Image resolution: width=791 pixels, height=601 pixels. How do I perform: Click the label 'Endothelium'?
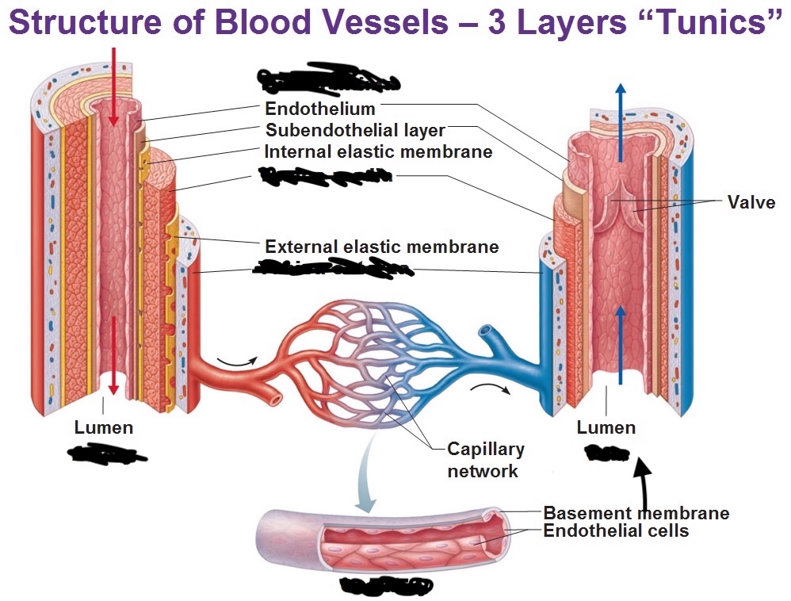(x=319, y=109)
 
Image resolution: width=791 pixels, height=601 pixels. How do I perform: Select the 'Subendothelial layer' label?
(x=355, y=130)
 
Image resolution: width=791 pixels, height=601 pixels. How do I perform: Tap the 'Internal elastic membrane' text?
(x=378, y=151)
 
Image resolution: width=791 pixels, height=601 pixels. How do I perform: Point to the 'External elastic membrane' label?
(x=381, y=247)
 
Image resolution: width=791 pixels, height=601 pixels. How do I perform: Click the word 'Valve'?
(x=751, y=202)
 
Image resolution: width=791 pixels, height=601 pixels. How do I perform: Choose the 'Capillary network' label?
(x=485, y=460)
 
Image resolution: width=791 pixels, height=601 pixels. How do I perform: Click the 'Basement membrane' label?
(x=636, y=513)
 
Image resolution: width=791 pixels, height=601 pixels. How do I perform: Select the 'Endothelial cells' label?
(x=616, y=531)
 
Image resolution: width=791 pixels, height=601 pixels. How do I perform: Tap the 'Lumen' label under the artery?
(x=104, y=428)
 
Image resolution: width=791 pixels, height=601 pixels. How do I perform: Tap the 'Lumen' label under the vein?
(x=606, y=428)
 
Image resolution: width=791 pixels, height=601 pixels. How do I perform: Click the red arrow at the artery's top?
(x=114, y=87)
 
